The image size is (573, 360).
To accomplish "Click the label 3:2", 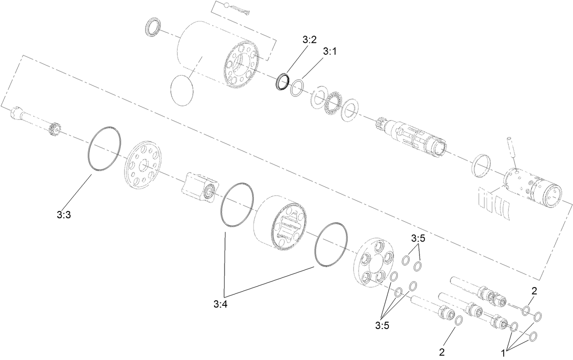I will pyautogui.click(x=309, y=40).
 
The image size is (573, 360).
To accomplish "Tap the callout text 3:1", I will pyautogui.click(x=329, y=51).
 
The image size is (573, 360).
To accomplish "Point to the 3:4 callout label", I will pyautogui.click(x=220, y=304).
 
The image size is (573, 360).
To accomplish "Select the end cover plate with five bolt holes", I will pyautogui.click(x=373, y=262).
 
